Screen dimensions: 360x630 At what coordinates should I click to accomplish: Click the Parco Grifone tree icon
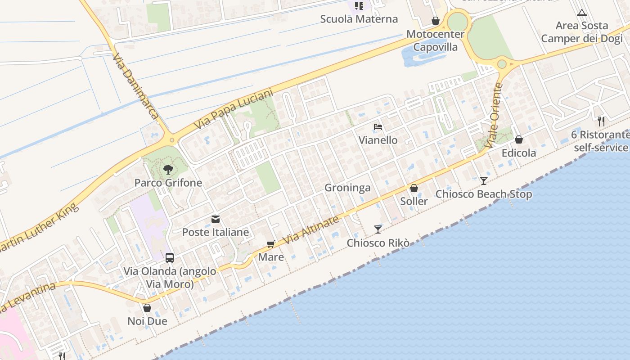pyautogui.click(x=168, y=170)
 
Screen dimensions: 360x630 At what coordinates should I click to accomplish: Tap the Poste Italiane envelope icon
pyautogui.click(x=216, y=219)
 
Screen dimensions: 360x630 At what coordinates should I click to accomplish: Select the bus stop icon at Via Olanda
pyautogui.click(x=170, y=258)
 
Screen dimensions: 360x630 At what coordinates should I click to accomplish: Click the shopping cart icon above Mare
pyautogui.click(x=270, y=244)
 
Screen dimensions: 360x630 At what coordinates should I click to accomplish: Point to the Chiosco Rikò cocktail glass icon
pyautogui.click(x=378, y=229)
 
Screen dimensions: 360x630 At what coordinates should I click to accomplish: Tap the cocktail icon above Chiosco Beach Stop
pyautogui.click(x=484, y=180)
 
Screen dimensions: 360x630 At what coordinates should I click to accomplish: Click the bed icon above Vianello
pyautogui.click(x=378, y=127)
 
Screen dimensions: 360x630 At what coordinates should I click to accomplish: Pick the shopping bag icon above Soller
pyautogui.click(x=414, y=188)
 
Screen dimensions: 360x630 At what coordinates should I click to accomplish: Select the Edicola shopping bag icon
pyautogui.click(x=519, y=139)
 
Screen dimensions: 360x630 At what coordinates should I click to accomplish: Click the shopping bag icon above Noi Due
pyautogui.click(x=147, y=308)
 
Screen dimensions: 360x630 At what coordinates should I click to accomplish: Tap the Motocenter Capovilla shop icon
pyautogui.click(x=435, y=21)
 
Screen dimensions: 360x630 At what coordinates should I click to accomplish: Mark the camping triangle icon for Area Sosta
pyautogui.click(x=582, y=13)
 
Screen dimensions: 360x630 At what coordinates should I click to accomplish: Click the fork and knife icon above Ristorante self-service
pyautogui.click(x=601, y=121)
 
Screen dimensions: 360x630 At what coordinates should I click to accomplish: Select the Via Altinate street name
pyautogui.click(x=311, y=231)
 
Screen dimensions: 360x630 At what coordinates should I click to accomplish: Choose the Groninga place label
pyautogui.click(x=347, y=188)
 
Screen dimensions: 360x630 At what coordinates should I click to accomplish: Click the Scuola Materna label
pyautogui.click(x=359, y=19)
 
